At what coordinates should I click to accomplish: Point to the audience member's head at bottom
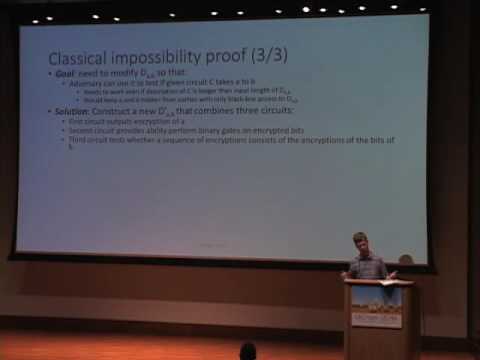(248, 351)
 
